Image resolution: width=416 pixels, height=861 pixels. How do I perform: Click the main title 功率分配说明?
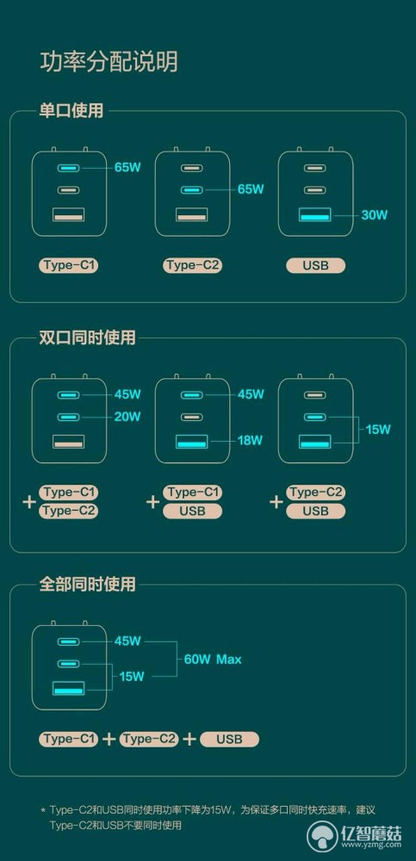click(x=109, y=62)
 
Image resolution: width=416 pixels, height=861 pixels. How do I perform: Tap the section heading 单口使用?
click(x=71, y=111)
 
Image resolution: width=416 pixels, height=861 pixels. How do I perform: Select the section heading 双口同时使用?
click(x=87, y=338)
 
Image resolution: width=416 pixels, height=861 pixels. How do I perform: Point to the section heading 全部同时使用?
click(x=87, y=584)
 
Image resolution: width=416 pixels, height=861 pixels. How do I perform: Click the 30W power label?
click(x=375, y=214)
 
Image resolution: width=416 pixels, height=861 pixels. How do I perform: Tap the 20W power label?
click(x=127, y=417)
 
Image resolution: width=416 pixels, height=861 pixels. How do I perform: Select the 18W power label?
click(x=251, y=440)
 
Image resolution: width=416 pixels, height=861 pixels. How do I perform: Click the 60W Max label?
click(x=213, y=659)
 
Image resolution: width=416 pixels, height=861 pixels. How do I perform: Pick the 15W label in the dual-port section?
click(x=378, y=429)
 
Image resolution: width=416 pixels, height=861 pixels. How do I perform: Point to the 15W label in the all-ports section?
click(x=132, y=676)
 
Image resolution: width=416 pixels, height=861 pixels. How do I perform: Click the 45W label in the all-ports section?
click(x=127, y=641)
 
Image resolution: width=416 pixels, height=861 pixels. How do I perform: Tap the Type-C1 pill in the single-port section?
click(x=69, y=266)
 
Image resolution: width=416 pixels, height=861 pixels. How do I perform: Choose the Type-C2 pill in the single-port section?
click(x=192, y=266)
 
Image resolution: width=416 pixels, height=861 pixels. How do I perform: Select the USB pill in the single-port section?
click(x=315, y=266)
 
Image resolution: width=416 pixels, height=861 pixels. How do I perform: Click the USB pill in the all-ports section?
click(x=229, y=739)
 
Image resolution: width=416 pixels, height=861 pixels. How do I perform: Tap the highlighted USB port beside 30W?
click(x=315, y=214)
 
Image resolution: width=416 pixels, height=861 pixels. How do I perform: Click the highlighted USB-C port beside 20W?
click(x=69, y=418)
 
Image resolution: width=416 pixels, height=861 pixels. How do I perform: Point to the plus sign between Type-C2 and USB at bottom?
click(x=189, y=739)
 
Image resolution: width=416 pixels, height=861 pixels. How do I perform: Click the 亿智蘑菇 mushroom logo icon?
click(x=324, y=838)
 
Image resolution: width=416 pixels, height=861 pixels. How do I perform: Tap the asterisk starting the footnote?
click(x=43, y=810)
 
